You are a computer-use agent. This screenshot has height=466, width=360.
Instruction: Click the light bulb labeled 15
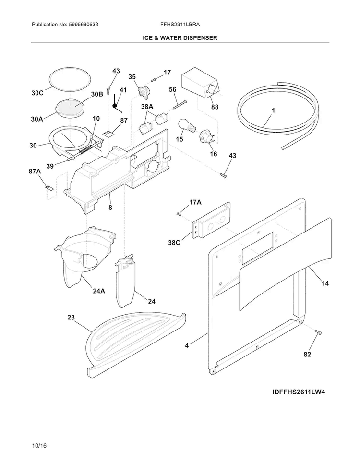(185, 126)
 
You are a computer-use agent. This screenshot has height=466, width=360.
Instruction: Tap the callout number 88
(215, 107)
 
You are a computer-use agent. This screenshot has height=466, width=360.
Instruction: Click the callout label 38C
(174, 243)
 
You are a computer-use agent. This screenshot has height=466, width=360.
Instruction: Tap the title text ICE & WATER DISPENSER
(180, 37)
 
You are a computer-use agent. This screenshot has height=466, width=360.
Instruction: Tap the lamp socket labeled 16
(207, 136)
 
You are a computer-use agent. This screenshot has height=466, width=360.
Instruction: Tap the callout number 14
(325, 283)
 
